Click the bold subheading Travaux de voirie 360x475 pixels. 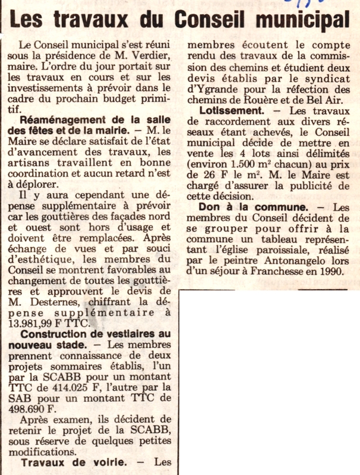tap(72, 462)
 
